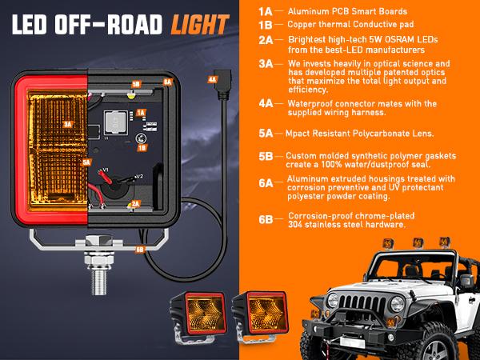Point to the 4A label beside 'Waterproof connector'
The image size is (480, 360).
[x=266, y=104]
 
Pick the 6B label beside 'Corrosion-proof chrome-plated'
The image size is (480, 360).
[x=266, y=218]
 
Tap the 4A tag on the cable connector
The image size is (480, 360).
[x=211, y=80]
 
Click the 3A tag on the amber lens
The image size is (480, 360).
[x=68, y=125]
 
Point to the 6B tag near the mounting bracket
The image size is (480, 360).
[x=139, y=248]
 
